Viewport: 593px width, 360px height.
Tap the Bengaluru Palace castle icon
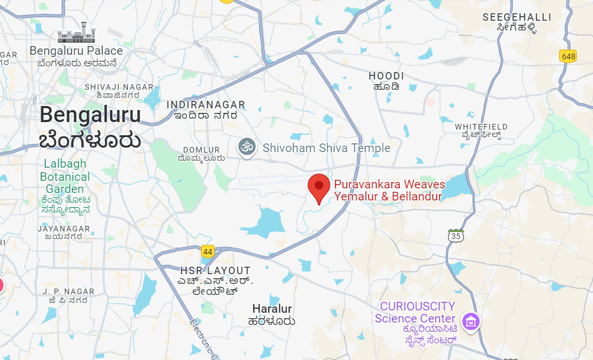click(x=76, y=33)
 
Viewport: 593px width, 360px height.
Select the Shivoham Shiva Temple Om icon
click(x=247, y=147)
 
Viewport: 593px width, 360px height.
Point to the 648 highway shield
click(x=568, y=56)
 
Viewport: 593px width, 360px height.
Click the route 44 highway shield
click(x=208, y=251)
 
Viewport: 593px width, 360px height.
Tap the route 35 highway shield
click(x=456, y=236)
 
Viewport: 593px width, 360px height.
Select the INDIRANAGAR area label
click(x=206, y=105)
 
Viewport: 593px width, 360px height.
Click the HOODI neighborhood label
click(x=386, y=76)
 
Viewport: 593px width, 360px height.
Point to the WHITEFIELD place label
click(x=481, y=127)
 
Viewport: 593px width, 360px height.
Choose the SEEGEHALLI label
click(x=517, y=17)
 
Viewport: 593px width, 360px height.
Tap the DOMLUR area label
click(x=201, y=150)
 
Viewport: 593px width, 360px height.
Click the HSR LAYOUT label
click(x=215, y=271)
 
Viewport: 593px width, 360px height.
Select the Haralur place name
click(x=272, y=309)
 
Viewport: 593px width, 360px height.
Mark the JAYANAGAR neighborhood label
click(x=64, y=229)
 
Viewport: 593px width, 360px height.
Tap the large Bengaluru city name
click(x=90, y=115)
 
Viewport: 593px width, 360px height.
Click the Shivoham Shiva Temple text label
click(x=326, y=148)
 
